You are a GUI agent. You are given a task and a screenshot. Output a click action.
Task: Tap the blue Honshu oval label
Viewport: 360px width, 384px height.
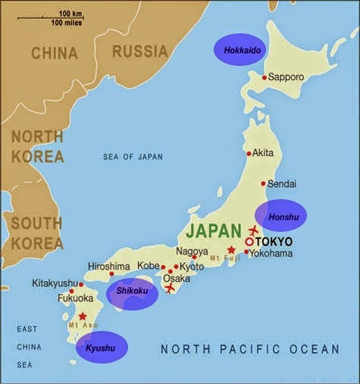pos(280,216)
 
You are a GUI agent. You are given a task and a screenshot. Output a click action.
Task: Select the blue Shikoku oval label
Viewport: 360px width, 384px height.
pos(133,293)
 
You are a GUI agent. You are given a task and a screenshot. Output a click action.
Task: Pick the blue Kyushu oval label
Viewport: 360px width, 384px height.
pos(102,348)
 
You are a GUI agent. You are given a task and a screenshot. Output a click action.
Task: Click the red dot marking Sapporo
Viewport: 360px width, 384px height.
pos(264,77)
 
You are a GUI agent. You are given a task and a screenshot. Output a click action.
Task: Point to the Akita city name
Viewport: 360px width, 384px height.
pos(262,152)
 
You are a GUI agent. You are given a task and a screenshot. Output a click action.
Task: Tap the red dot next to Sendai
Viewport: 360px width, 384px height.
pos(263,183)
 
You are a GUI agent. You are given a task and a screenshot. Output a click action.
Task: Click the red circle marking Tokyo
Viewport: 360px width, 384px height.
pos(249,242)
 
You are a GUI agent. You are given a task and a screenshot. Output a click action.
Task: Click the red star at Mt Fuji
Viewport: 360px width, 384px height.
pos(231,249)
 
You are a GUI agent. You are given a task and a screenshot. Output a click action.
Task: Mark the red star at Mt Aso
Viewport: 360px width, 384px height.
pos(83,316)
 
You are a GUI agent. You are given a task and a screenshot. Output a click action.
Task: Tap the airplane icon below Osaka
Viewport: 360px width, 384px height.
pos(170,288)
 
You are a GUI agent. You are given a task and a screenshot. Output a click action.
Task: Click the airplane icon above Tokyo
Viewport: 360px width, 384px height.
pos(253,229)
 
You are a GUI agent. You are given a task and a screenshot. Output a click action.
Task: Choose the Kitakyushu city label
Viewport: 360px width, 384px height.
pos(55,283)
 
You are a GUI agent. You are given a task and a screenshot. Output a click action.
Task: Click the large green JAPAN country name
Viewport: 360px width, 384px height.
pos(214,229)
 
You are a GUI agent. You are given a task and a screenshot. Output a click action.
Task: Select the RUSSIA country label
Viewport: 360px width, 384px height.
pos(139,52)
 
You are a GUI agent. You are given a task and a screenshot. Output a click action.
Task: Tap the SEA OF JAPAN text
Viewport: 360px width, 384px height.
pos(133,157)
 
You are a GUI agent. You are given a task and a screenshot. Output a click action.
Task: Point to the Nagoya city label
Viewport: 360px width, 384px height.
pos(192,251)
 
